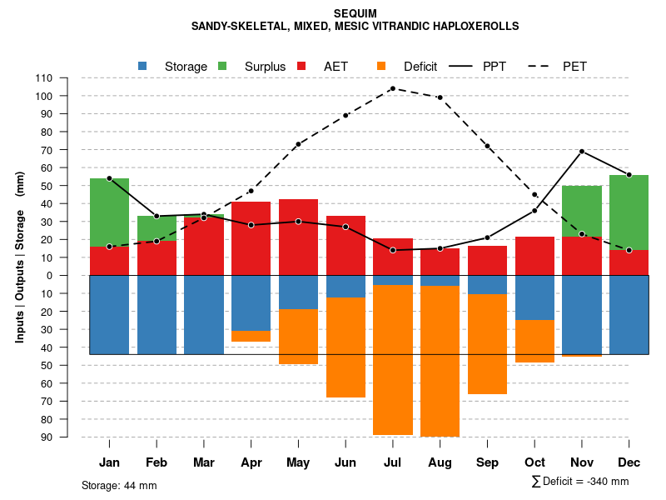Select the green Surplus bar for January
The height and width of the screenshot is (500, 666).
(109, 212)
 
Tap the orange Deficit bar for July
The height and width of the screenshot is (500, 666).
(393, 359)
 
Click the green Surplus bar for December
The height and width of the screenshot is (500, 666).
(629, 212)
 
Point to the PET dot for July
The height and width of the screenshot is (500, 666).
(393, 88)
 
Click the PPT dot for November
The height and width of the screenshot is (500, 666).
(582, 152)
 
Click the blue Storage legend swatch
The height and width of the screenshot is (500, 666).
(142, 66)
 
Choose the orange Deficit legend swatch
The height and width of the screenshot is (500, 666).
(381, 66)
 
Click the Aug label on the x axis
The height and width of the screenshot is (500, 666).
(440, 462)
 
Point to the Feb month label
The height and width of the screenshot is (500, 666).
(157, 462)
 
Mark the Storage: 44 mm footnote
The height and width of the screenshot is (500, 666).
(119, 485)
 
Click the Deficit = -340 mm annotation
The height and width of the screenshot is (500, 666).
(580, 482)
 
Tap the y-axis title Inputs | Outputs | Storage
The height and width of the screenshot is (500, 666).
(20, 257)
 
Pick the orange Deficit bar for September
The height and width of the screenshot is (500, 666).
(487, 344)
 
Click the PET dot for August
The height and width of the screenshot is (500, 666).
(440, 97)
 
